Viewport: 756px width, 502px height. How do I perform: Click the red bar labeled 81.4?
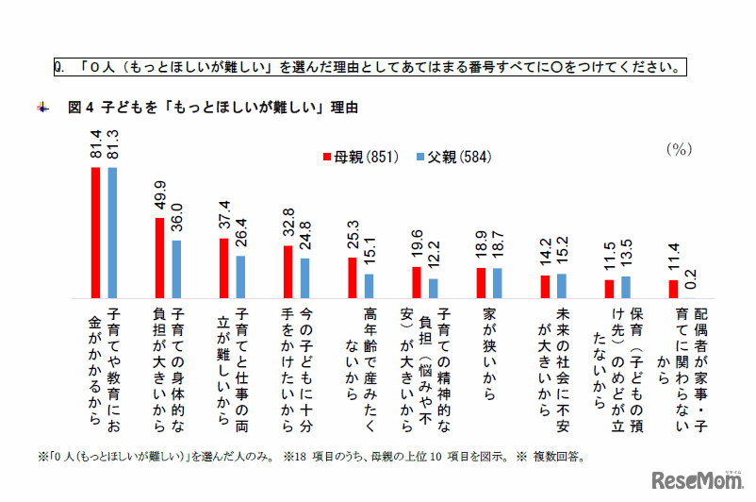click(95, 232)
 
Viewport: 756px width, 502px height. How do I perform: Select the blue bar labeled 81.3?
click(113, 232)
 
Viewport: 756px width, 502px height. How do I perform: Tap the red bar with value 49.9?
click(159, 258)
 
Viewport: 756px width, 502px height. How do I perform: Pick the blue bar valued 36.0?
click(177, 269)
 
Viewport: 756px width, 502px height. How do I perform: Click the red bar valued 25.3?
click(353, 277)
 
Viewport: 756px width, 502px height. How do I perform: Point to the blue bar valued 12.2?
click(434, 288)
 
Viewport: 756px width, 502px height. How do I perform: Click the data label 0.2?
click(692, 279)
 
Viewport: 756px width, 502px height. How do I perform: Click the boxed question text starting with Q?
click(368, 67)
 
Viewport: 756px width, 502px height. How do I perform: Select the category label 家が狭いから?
click(489, 340)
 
